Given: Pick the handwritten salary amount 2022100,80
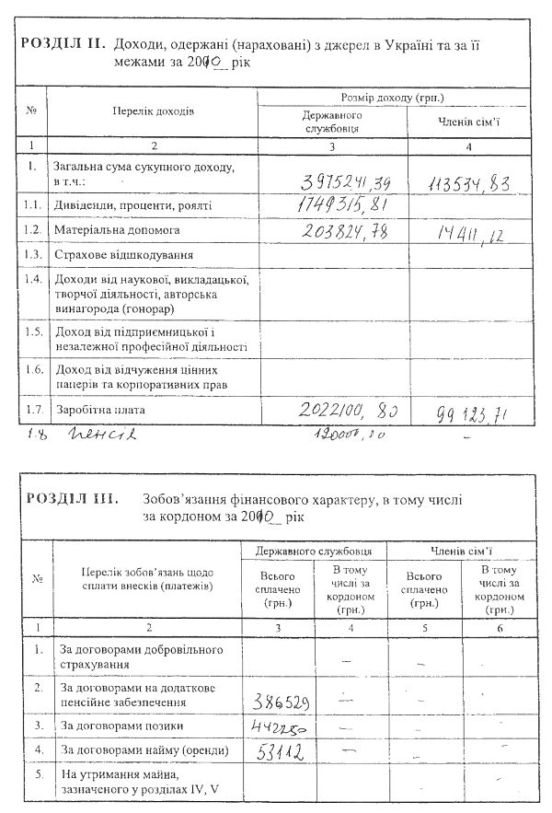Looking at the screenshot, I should [350, 409].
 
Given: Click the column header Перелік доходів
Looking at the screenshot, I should [155, 110].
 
